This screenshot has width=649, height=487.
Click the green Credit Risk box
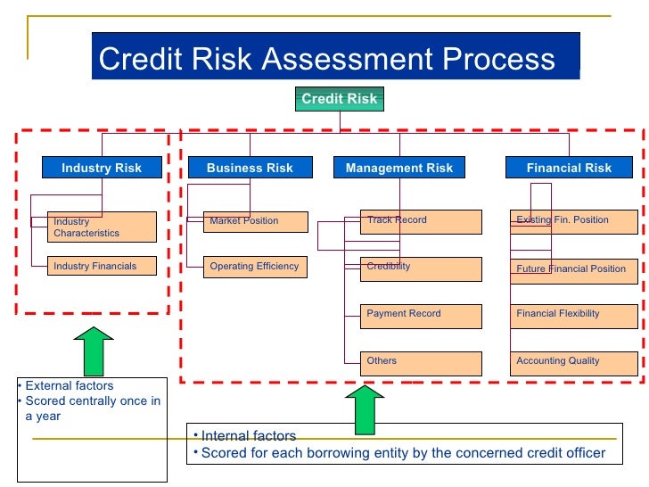tap(339, 99)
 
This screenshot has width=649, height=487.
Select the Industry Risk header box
tap(102, 168)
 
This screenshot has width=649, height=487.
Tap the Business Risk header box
tap(250, 168)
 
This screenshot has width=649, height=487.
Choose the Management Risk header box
tap(398, 168)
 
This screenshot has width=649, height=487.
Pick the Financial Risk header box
tap(569, 168)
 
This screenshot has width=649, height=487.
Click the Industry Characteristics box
tap(102, 227)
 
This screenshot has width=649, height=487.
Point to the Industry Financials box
tap(102, 266)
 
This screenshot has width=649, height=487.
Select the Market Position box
tap(255, 221)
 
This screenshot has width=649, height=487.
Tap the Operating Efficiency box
tap(255, 267)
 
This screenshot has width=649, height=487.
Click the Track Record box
tap(412, 221)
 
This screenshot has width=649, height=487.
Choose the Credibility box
tap(412, 268)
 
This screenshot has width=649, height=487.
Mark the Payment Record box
tap(412, 315)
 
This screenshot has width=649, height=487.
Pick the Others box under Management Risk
tap(412, 362)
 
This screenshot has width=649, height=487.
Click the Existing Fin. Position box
tap(574, 221)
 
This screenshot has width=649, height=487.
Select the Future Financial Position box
tap(574, 270)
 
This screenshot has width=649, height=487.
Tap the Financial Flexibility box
tap(574, 315)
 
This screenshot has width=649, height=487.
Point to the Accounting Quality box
tap(574, 362)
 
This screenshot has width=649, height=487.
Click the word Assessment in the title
tap(339, 59)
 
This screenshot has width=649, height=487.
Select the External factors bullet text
tap(70, 386)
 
